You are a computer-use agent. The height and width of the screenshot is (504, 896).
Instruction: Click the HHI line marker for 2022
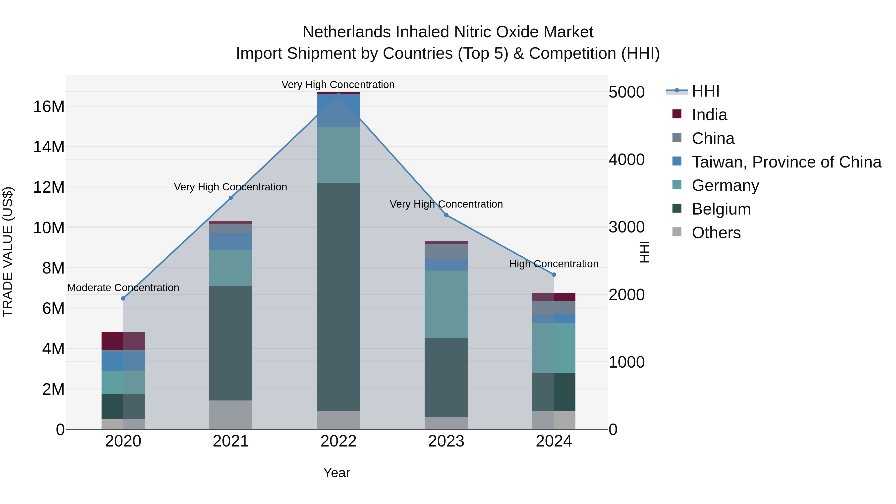pyautogui.click(x=338, y=95)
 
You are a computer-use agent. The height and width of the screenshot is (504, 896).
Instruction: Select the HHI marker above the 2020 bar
pyautogui.click(x=123, y=298)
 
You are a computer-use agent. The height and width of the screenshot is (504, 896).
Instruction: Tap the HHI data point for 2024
pyautogui.click(x=554, y=275)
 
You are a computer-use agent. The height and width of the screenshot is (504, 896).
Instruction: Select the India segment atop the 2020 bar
pyautogui.click(x=123, y=341)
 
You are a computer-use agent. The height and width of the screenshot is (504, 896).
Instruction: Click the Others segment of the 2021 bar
pyautogui.click(x=231, y=415)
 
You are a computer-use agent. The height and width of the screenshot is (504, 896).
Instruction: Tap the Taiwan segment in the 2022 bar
pyautogui.click(x=338, y=111)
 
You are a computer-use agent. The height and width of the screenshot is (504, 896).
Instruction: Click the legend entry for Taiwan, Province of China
pyautogui.click(x=786, y=162)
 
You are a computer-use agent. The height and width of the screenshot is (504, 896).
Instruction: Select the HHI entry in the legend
pyautogui.click(x=705, y=91)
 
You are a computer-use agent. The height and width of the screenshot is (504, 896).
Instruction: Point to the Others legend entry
pyautogui.click(x=716, y=233)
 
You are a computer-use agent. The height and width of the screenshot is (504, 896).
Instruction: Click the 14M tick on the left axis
pyautogui.click(x=49, y=147)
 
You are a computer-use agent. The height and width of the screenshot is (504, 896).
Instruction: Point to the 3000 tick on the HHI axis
pyautogui.click(x=626, y=227)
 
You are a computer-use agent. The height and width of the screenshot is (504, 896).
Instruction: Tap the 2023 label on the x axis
pyautogui.click(x=446, y=441)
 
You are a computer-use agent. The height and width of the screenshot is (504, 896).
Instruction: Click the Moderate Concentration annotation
pyautogui.click(x=123, y=288)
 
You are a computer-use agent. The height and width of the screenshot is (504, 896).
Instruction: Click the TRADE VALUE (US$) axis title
pyautogui.click(x=8, y=252)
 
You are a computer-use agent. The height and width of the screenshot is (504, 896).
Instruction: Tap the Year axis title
pyautogui.click(x=336, y=473)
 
